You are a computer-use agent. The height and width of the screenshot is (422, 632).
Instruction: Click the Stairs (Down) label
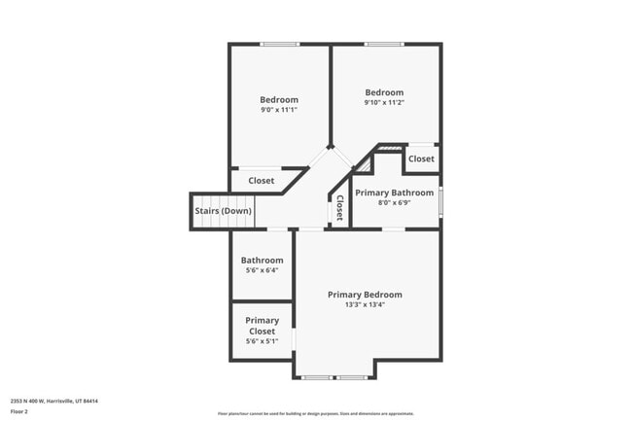(x=223, y=211)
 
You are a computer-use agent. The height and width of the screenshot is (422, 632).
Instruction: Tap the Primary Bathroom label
(x=394, y=193)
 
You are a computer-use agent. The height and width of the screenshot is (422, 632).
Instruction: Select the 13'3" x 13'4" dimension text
(x=364, y=305)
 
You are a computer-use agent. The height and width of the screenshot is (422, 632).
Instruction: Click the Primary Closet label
(x=262, y=326)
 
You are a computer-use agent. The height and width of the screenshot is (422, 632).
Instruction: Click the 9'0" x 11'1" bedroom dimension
(x=278, y=110)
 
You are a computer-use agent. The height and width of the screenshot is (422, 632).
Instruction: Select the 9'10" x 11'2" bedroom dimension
(x=383, y=102)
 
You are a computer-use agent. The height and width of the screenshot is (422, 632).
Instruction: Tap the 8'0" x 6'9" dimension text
(x=394, y=203)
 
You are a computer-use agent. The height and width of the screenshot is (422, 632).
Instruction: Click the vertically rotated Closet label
(x=339, y=209)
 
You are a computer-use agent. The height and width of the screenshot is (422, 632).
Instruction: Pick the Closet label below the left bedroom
(x=261, y=181)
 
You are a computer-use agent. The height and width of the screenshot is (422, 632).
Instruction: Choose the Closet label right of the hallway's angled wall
(x=421, y=158)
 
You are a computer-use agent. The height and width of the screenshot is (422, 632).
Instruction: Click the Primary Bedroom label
(x=364, y=295)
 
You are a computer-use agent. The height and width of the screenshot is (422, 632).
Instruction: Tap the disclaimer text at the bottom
(x=315, y=413)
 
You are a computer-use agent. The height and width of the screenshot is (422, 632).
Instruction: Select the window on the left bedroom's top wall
(x=279, y=44)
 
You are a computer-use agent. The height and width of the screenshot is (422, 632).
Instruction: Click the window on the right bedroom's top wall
(x=384, y=44)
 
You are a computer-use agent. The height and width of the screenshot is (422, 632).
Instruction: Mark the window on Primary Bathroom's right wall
(x=440, y=201)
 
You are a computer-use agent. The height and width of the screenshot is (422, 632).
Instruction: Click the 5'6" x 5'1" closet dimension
(x=262, y=341)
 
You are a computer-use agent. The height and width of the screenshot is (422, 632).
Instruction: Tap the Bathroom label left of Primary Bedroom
(x=262, y=260)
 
